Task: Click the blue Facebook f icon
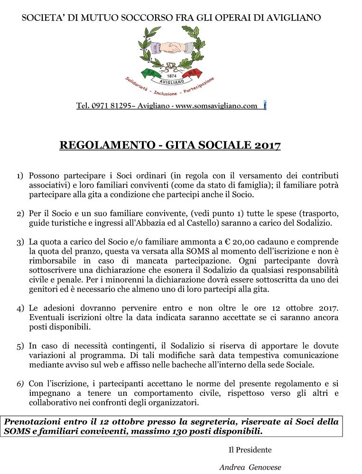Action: click(x=265, y=106)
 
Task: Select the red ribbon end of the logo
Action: click(x=195, y=72)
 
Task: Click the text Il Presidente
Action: click(x=250, y=450)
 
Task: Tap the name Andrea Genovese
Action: click(x=250, y=467)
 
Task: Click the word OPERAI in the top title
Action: click(x=225, y=18)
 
